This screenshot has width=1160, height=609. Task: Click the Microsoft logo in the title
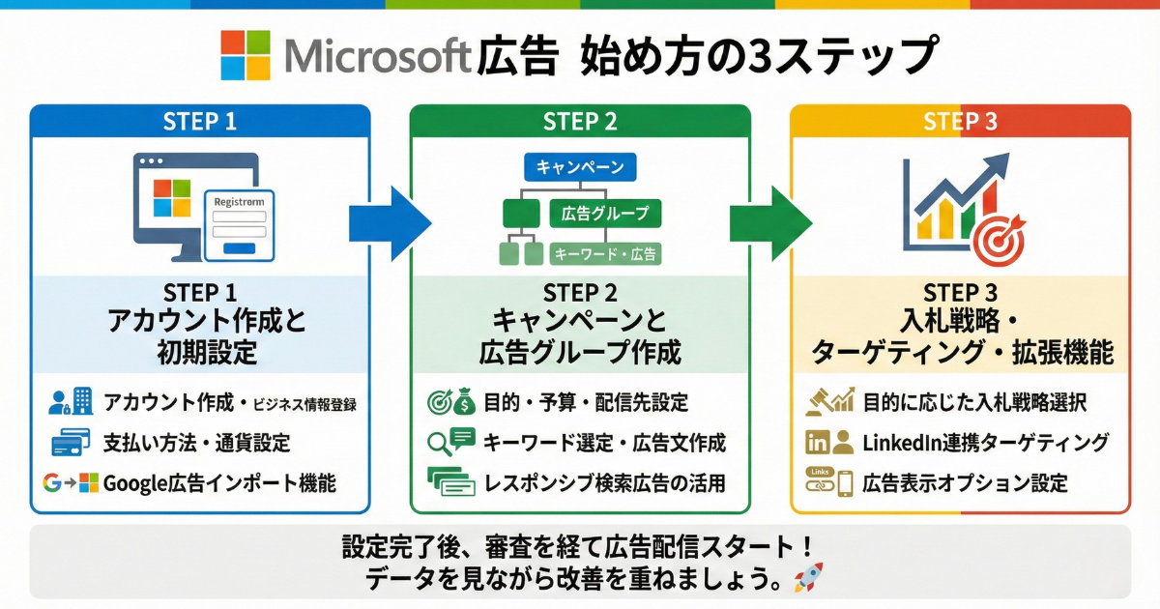coord(246,54)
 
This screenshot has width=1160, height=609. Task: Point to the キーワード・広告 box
coord(604,254)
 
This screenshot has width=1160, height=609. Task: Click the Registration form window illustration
coord(239,224)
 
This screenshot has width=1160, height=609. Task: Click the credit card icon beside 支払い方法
coord(71,443)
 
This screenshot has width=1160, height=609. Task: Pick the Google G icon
coord(52,483)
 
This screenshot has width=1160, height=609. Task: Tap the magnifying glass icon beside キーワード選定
coord(438,444)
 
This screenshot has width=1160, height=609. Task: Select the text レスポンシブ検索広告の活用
coord(606,482)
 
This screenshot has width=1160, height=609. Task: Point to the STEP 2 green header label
coord(580,121)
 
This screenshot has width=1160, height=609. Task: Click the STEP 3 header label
coord(960,121)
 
